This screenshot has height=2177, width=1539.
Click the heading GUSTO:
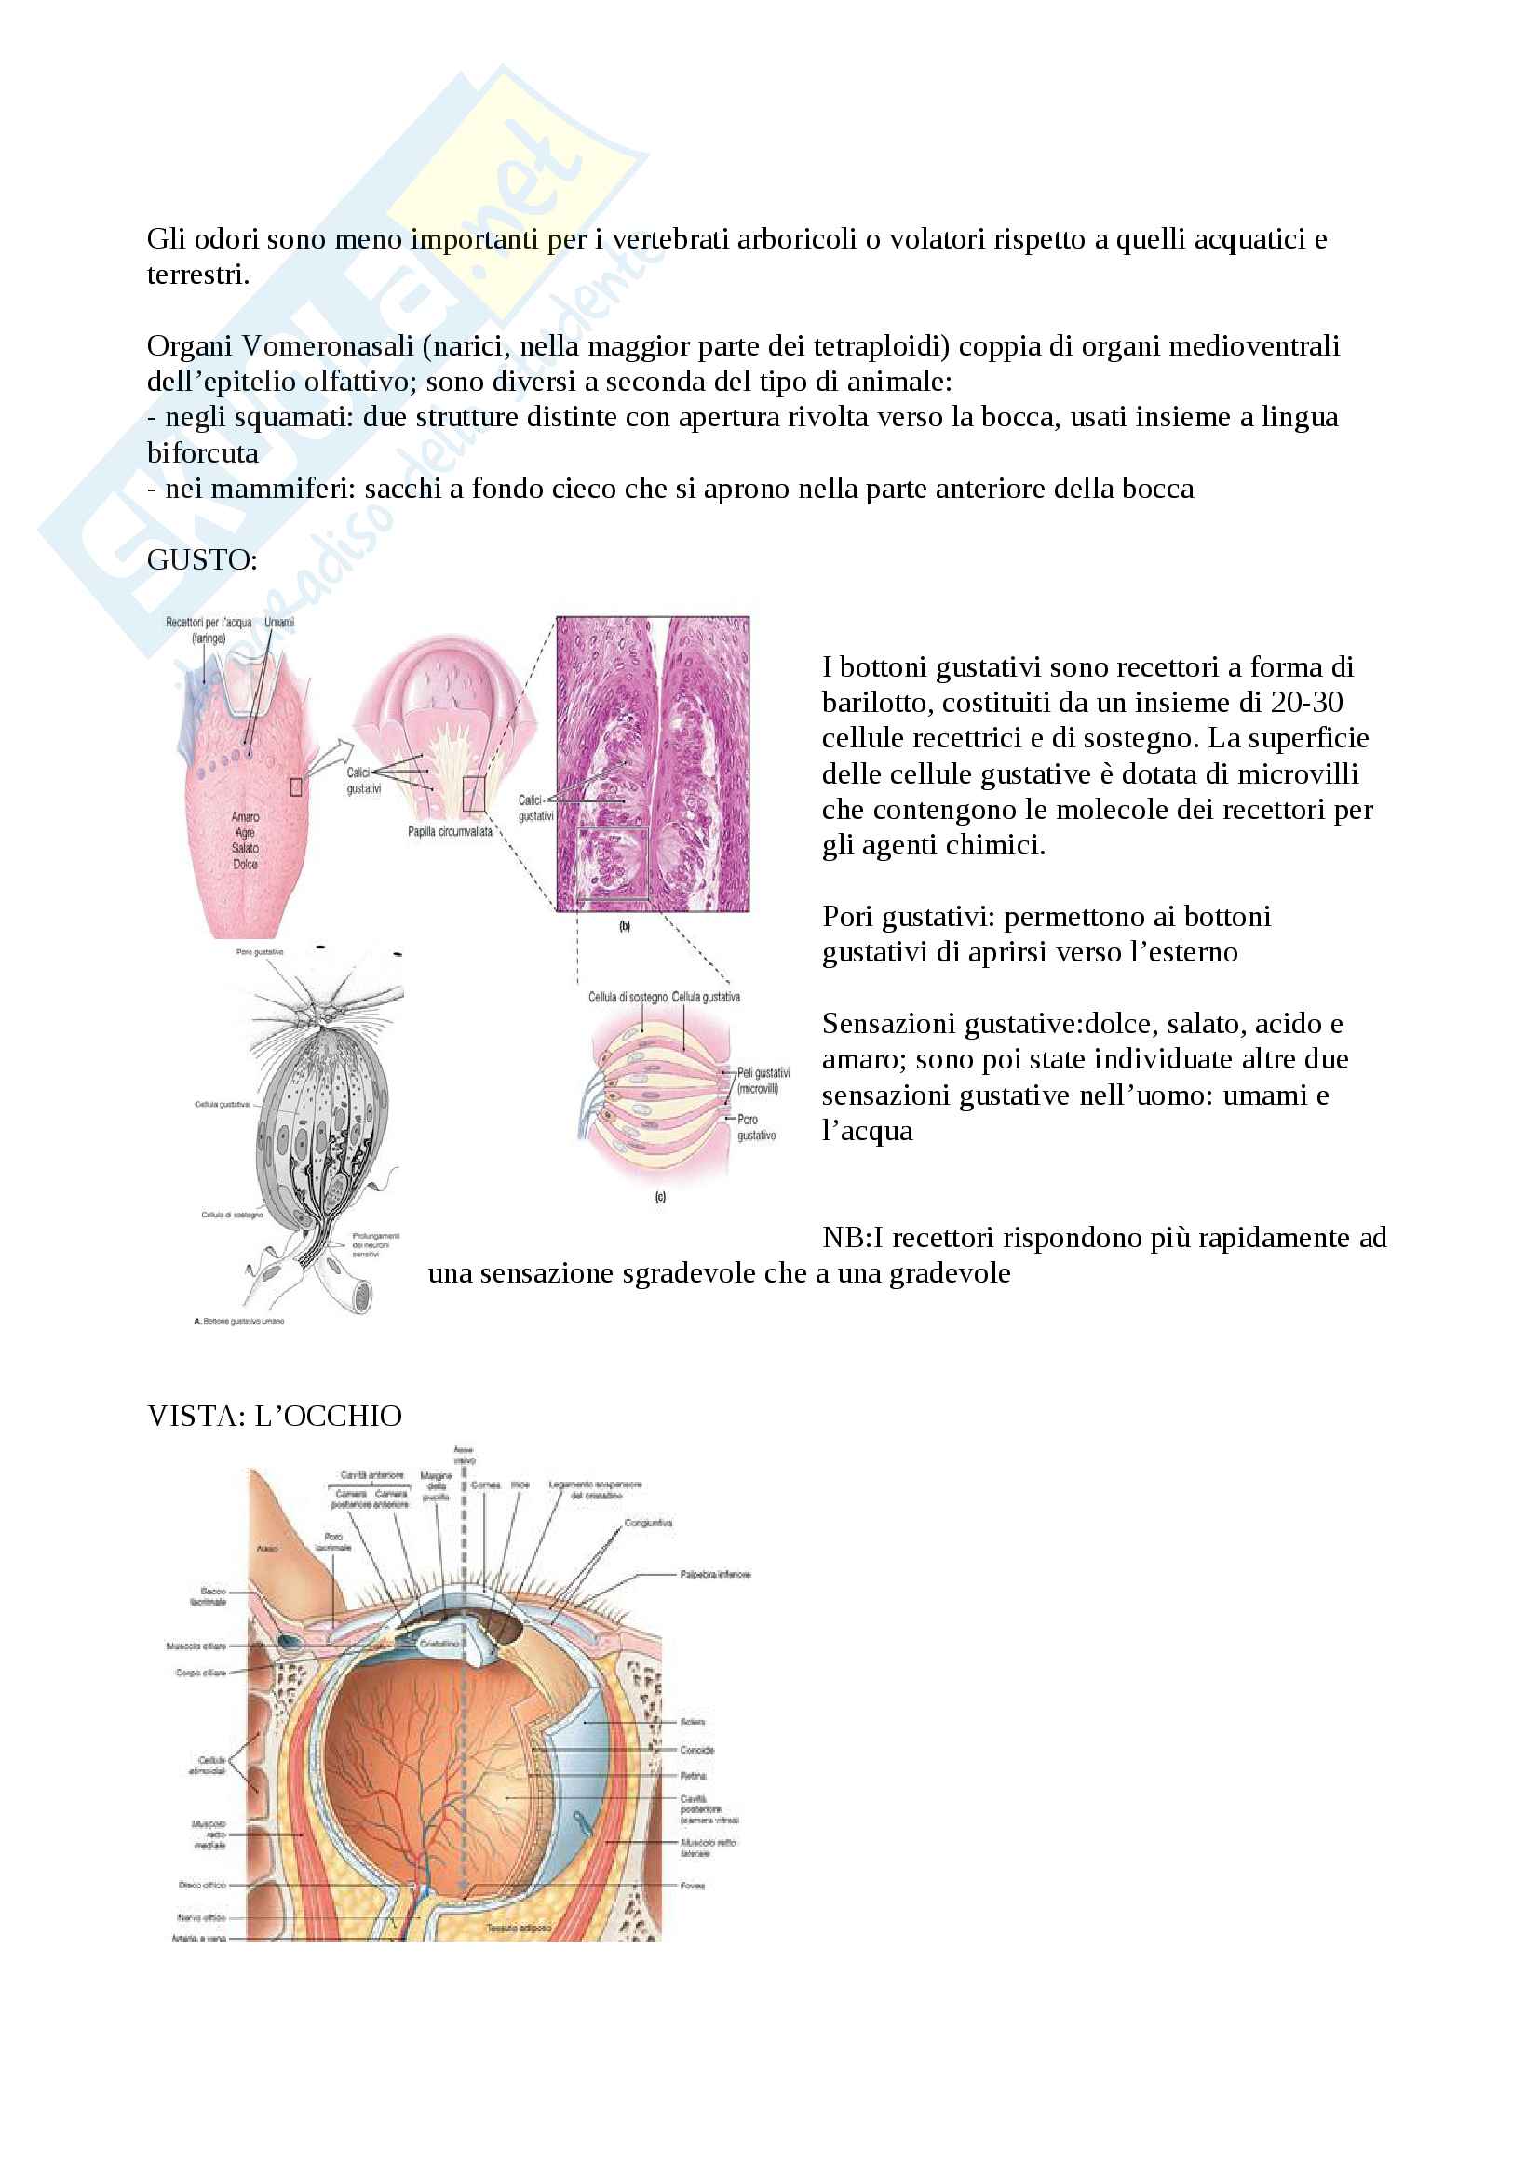coord(202,560)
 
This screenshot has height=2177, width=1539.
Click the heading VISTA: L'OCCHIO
coord(274,1416)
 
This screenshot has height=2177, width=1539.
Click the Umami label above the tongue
coord(278,623)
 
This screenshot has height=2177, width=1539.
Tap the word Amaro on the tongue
coord(245,816)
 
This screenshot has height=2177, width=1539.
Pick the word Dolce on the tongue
coord(245,864)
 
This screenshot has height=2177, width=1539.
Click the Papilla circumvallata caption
coord(451,831)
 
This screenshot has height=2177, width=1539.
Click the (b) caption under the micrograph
coord(625,926)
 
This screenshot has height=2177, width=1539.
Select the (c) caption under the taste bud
coord(660,1197)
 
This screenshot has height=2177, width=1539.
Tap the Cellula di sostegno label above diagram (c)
coord(628,997)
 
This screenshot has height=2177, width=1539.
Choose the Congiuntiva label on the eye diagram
coord(649,1524)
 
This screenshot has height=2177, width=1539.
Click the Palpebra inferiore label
coord(715,1574)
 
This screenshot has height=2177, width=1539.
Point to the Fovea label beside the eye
coord(692,1886)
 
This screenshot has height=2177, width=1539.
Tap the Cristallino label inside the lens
coord(440,1643)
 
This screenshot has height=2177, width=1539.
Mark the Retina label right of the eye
coord(694,1775)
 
